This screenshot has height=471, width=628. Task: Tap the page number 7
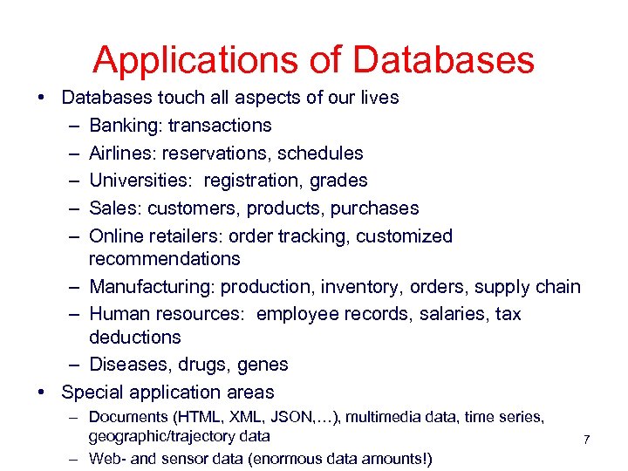click(x=586, y=440)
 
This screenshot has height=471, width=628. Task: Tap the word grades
click(x=338, y=181)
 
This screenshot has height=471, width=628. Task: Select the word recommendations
click(x=164, y=259)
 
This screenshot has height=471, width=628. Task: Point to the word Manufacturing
click(x=152, y=287)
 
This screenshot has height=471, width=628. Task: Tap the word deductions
click(x=134, y=337)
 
